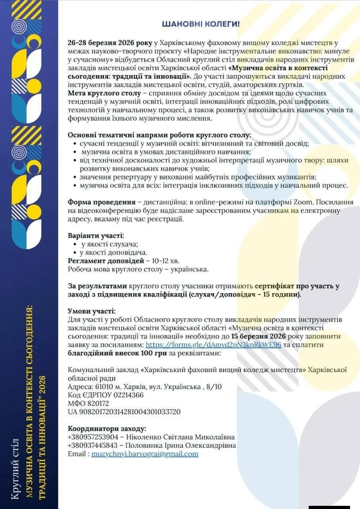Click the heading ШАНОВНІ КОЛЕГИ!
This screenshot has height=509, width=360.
(201, 24)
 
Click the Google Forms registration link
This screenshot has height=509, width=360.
(213, 345)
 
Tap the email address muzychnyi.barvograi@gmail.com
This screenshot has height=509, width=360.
(145, 454)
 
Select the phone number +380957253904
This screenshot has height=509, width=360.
(93, 437)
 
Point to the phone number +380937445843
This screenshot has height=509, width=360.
(93, 445)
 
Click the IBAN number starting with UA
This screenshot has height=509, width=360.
(124, 412)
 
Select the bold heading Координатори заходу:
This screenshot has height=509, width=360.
(107, 429)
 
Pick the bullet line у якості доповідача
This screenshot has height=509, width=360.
(109, 252)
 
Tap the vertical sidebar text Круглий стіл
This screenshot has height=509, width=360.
(15, 467)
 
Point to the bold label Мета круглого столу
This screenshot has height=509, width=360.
(104, 93)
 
